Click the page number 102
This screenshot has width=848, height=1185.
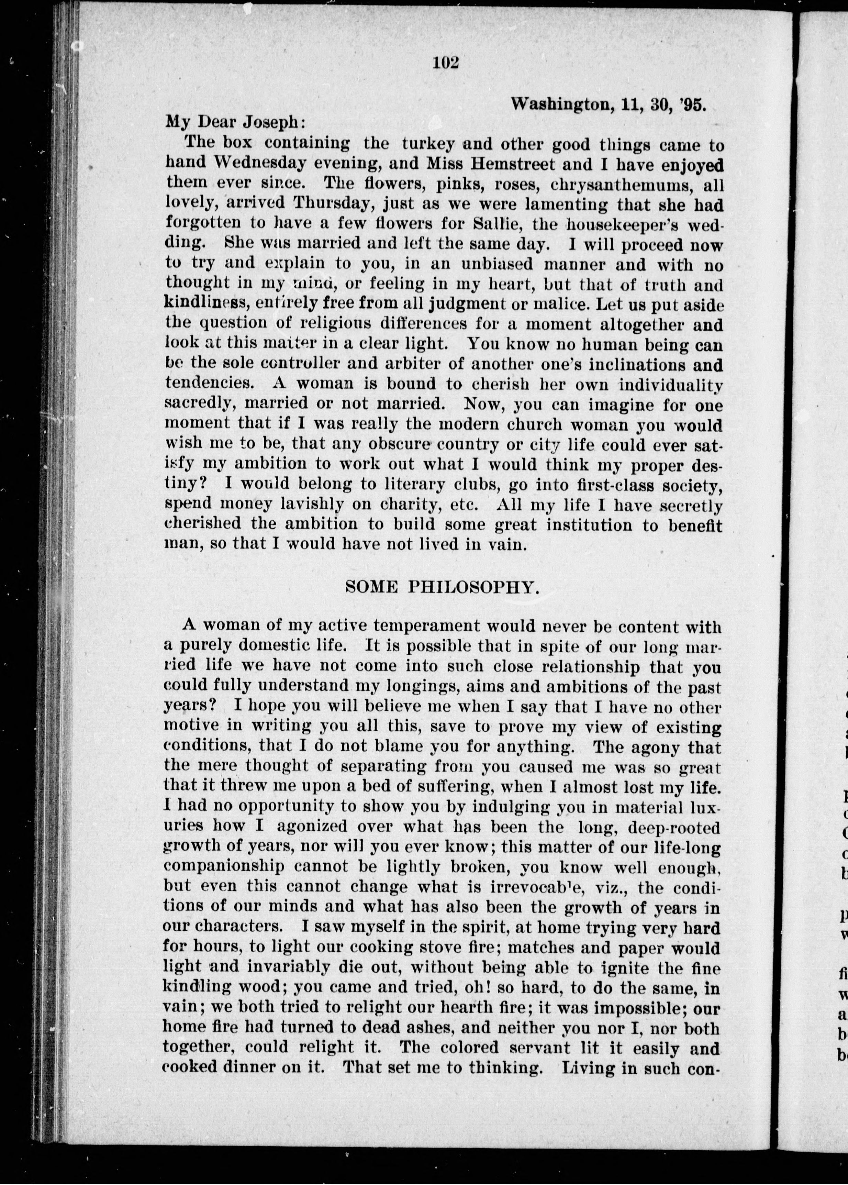click(445, 63)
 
